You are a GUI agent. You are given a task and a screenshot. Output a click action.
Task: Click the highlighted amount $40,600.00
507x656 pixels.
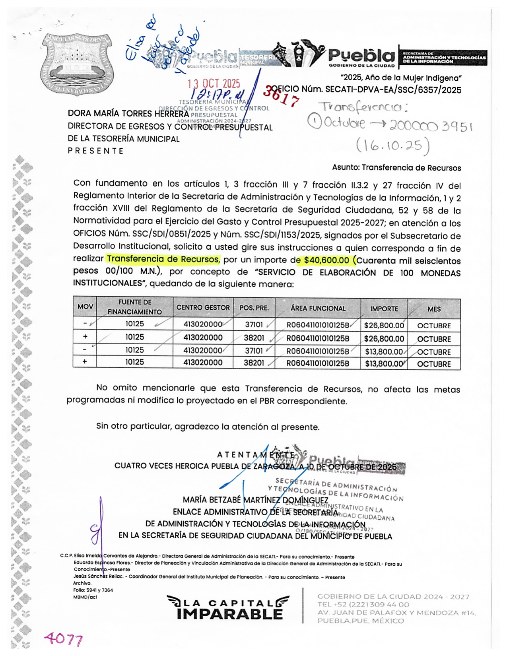pyautogui.click(x=326, y=260)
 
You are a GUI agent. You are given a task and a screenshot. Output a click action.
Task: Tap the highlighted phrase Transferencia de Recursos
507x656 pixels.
pyautogui.click(x=163, y=259)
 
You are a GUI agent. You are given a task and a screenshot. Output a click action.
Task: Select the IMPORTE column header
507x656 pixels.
pyautogui.click(x=384, y=309)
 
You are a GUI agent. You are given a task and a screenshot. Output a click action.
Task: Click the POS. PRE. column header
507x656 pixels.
pyautogui.click(x=254, y=308)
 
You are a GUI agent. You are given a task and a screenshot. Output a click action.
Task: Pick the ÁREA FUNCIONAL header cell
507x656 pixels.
pyautogui.click(x=318, y=308)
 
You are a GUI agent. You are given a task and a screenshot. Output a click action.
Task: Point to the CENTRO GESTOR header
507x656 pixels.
pyautogui.click(x=203, y=308)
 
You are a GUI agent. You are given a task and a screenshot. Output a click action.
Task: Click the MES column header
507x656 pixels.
pyautogui.click(x=434, y=309)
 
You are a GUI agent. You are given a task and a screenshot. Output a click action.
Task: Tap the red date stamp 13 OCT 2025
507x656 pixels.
pyautogui.click(x=214, y=83)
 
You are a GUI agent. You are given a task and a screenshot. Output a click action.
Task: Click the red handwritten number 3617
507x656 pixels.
pyautogui.click(x=281, y=96)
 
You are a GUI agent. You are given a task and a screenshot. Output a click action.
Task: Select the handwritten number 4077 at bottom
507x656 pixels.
pyautogui.click(x=64, y=639)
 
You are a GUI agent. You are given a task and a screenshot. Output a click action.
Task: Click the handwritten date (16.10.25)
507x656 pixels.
pyautogui.click(x=392, y=146)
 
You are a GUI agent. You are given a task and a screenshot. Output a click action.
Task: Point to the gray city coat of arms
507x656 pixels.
pyautogui.click(x=77, y=64)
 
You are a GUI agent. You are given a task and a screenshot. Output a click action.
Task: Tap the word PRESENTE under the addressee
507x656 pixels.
pyautogui.click(x=96, y=151)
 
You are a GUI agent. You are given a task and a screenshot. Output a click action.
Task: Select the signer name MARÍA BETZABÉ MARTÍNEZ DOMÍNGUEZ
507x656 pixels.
pyautogui.click(x=255, y=500)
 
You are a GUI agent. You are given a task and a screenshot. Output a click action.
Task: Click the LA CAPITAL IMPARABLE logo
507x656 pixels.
pyautogui.click(x=228, y=607)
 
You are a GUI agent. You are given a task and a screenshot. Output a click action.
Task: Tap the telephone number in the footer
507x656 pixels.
pyautogui.click(x=363, y=604)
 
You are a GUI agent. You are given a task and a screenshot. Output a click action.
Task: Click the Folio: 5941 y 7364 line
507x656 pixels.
pyautogui.click(x=93, y=590)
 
